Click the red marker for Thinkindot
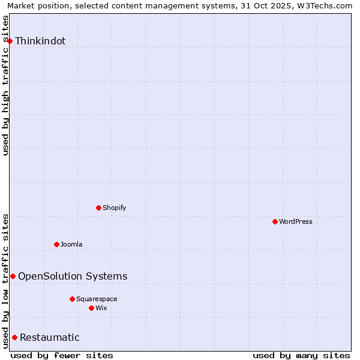10,41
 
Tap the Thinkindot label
40,41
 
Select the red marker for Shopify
98,208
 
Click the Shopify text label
114,208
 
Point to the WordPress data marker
275,221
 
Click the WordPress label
295,222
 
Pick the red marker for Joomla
56,244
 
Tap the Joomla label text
71,245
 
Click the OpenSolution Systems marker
13,276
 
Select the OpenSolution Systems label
73,277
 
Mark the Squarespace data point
72,299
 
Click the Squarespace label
97,299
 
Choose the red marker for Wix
91,308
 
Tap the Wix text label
101,308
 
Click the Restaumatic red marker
14,337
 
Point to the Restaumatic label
50,338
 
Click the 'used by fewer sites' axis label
62,355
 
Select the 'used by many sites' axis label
301,355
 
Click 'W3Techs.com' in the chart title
325,5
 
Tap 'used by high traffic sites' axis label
5,85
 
